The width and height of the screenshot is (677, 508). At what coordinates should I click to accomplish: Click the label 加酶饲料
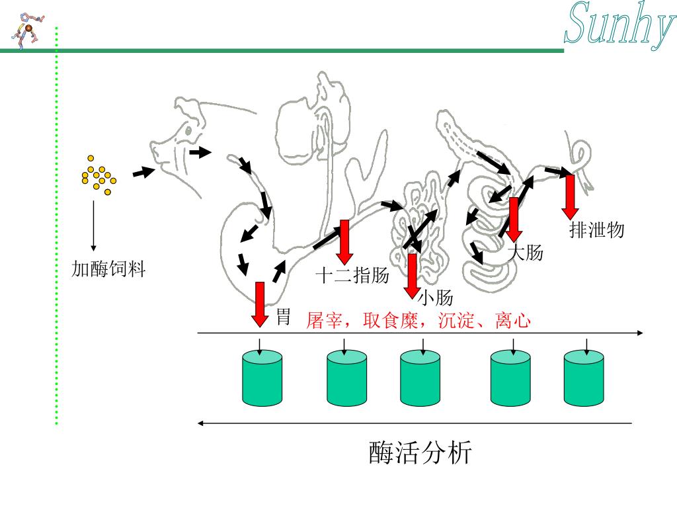[x=108, y=269]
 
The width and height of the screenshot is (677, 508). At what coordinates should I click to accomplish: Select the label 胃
[x=283, y=316]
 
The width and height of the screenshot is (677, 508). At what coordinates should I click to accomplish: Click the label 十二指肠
[x=352, y=275]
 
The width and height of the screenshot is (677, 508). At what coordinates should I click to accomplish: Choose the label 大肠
[x=526, y=252]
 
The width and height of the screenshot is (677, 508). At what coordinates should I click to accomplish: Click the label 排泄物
[x=596, y=230]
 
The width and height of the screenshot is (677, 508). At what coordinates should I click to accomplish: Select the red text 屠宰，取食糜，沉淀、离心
[x=418, y=321]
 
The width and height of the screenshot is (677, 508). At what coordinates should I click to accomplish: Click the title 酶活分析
[x=420, y=453]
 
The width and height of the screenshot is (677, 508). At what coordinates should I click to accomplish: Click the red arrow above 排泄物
[x=570, y=196]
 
